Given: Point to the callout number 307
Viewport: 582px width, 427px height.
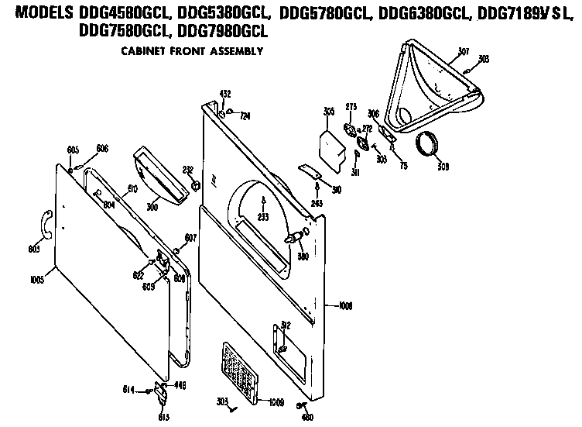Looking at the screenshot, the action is click(x=464, y=52).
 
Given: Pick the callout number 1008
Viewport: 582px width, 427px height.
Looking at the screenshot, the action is click(x=345, y=306).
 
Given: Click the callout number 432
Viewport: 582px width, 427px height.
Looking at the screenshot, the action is click(x=224, y=94).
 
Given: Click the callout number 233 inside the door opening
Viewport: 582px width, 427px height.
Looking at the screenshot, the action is click(x=263, y=217).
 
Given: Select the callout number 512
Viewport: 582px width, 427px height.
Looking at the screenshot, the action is click(x=285, y=325).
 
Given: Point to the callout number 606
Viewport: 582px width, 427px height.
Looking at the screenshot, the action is click(x=102, y=148).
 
